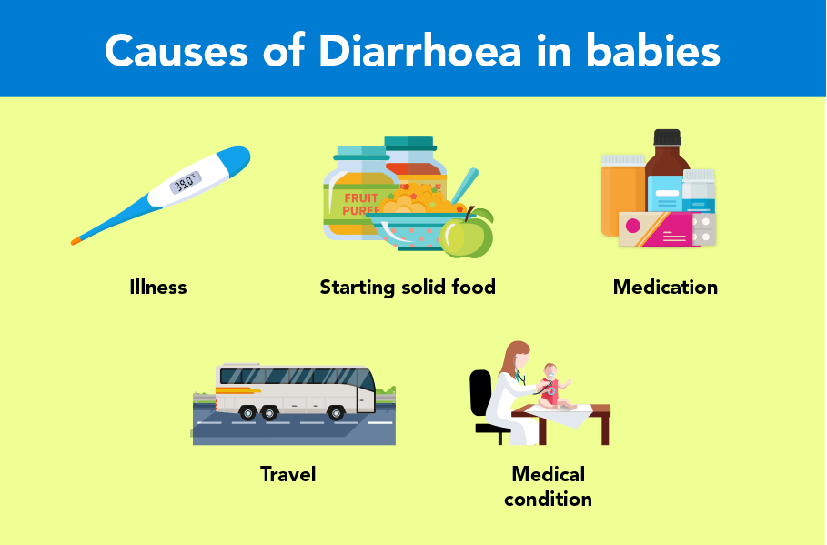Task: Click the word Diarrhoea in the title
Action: click(x=419, y=51)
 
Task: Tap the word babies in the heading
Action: click(x=652, y=51)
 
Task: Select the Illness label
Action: click(x=158, y=288)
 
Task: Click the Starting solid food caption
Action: click(x=408, y=288)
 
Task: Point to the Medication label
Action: click(x=665, y=288)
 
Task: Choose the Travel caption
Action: click(x=288, y=474)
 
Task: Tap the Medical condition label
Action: click(x=548, y=487)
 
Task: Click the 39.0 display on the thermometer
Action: click(x=185, y=183)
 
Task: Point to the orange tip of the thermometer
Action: click(x=76, y=241)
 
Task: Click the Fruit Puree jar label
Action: click(x=357, y=204)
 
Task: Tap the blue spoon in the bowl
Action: click(x=464, y=186)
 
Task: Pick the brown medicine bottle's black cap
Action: click(x=667, y=137)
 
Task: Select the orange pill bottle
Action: click(x=622, y=196)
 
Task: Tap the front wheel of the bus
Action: click(x=336, y=412)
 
